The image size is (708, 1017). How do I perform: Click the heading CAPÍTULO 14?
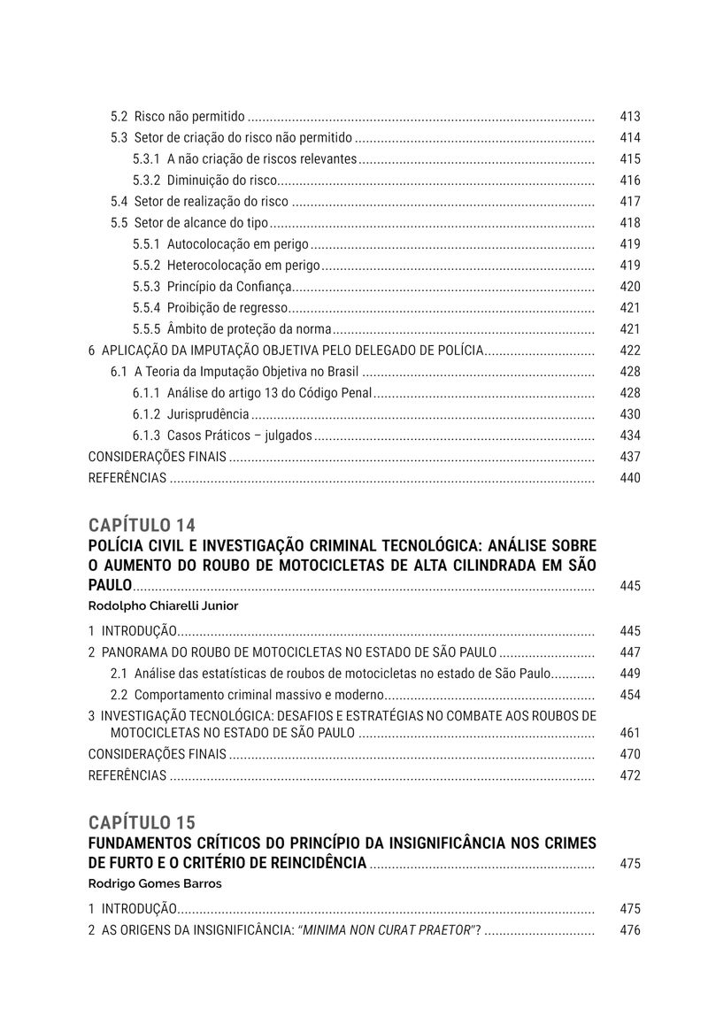click(142, 524)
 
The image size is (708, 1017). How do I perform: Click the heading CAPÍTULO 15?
click(142, 822)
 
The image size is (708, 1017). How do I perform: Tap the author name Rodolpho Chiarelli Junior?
click(164, 606)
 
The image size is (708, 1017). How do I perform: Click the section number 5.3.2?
click(146, 181)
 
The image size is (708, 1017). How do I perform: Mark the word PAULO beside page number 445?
click(110, 586)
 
